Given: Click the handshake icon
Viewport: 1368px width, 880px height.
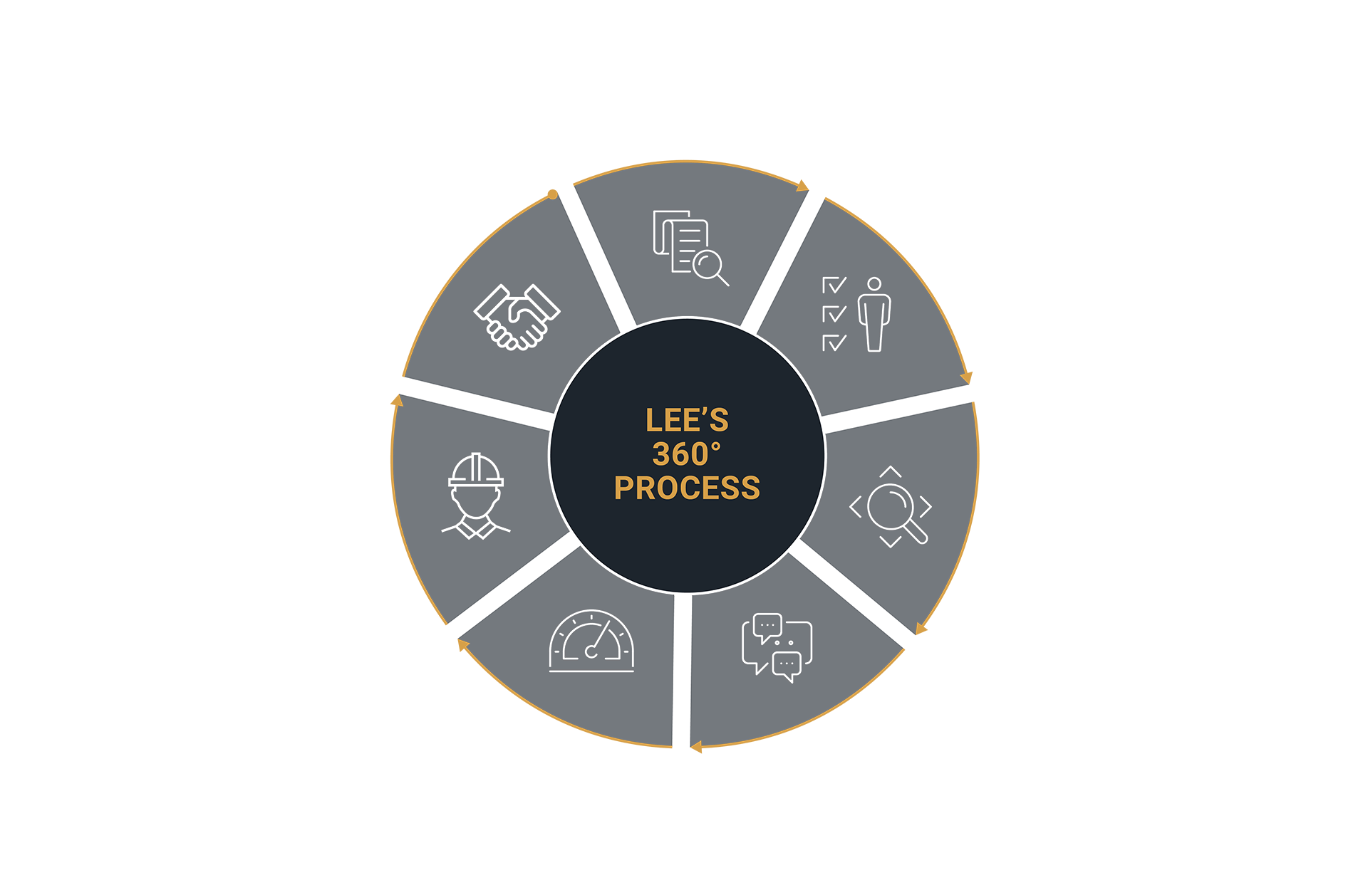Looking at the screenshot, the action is coord(517,317).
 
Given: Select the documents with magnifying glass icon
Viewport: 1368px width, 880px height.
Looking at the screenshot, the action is coord(690,248).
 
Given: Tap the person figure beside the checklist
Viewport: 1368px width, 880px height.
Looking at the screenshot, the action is coord(874,314).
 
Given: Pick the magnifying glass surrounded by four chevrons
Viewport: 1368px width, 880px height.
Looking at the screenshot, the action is coord(891,507).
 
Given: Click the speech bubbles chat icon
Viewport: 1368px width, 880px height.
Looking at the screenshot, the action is coord(777,647).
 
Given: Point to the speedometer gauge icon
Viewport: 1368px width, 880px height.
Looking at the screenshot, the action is coord(591,641).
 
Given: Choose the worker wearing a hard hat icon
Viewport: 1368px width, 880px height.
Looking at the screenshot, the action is coord(476,496).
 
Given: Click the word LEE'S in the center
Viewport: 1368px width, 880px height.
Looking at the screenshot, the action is coord(687,420).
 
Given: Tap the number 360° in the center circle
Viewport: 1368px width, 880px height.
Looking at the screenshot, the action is coord(687,454).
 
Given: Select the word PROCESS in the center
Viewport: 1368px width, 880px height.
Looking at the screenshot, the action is coord(687,488).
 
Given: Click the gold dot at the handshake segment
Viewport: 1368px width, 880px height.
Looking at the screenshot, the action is coord(553,194).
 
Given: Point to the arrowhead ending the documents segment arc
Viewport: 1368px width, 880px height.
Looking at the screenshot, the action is coord(803,187).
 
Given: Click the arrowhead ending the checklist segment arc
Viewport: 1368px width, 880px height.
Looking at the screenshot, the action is coord(967,377).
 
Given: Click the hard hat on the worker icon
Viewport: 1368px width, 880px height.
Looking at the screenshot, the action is coord(476,471).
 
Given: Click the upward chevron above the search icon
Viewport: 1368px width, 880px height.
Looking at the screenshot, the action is coord(891,471).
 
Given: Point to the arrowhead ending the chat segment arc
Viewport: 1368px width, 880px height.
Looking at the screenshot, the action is coord(696,747).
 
